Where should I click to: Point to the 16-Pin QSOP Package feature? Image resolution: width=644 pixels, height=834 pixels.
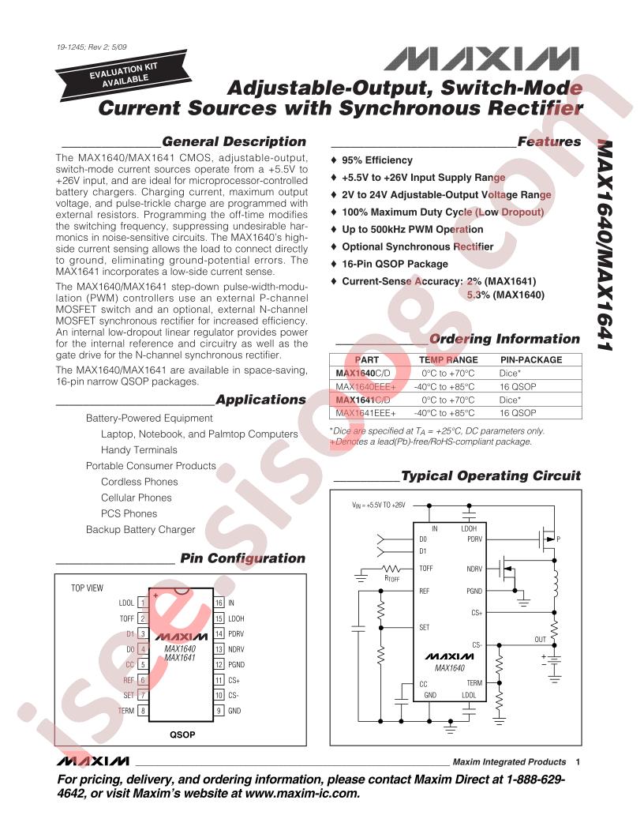point(394,264)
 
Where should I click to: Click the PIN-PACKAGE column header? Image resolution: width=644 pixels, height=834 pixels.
point(531,359)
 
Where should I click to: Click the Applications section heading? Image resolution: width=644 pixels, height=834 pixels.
point(260,400)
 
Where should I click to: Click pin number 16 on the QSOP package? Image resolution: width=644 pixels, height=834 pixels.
point(219,603)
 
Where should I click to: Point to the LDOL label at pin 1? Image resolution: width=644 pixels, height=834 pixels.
point(126,603)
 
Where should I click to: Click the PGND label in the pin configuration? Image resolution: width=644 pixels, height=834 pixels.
point(237,664)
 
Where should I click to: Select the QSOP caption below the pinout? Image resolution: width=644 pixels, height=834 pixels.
point(182,734)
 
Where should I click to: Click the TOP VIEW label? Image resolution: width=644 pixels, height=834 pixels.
point(88,588)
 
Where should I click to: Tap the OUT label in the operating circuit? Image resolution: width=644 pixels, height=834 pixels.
point(540,640)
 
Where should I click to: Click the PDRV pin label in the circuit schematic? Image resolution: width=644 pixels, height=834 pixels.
point(474,540)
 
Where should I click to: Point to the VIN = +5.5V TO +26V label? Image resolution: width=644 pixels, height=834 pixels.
point(378,505)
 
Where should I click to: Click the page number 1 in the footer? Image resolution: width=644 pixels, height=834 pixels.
point(578,762)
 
